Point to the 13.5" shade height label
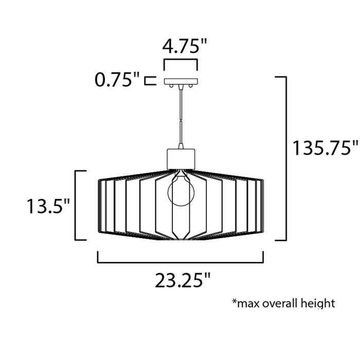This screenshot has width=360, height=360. tap(49, 207)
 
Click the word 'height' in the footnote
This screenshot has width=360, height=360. tap(319, 303)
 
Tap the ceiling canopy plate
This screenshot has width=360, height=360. tap(181, 81)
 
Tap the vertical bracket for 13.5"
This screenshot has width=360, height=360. tap(77, 205)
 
